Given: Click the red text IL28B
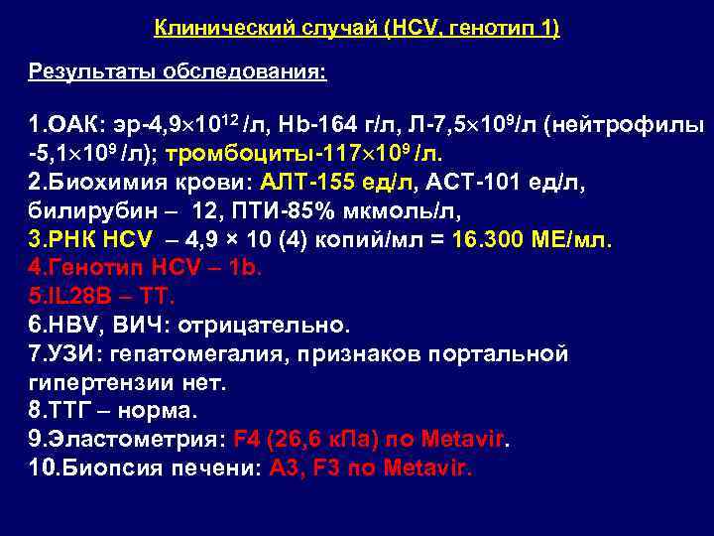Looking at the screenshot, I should pos(70,296).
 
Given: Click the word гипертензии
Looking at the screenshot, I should pos(105,380).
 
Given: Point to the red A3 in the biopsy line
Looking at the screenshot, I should pos(282,466).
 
